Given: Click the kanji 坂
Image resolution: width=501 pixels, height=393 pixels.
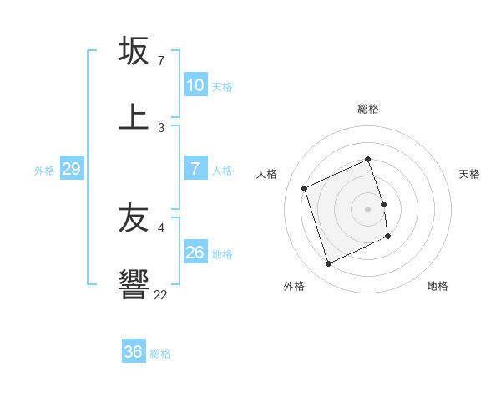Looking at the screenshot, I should coord(134,50).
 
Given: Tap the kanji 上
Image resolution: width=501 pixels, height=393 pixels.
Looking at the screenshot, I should coord(134,115).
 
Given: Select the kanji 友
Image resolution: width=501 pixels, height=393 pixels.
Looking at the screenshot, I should coord(134,219).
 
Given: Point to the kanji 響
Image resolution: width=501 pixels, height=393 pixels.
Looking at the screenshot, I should coord(134,284).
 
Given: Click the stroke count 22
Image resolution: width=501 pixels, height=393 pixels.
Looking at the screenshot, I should coord(160,294).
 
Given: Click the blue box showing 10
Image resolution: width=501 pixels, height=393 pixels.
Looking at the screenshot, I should coord(195,85).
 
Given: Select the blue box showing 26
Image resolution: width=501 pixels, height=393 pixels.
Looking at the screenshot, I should coord(195,253).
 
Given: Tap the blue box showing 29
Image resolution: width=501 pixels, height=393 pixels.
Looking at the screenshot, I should coord(71,169).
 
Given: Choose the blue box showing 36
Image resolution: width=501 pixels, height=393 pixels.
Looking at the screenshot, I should coord(134,352).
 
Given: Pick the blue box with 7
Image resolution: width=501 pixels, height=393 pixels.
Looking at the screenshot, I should coord(195,169).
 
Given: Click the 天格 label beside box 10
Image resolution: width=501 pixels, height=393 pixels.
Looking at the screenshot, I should coord(222,87).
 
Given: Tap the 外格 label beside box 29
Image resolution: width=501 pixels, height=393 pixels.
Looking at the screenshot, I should coord(44,171).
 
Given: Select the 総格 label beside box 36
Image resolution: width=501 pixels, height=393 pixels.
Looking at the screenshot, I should coord(160,354).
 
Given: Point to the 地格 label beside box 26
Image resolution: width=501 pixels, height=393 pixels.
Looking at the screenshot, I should coord(222,254).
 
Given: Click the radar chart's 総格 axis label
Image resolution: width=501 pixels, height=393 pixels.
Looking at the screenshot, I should coord(368,109).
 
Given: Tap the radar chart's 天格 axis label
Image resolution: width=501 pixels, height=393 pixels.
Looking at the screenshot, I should coord(470,174).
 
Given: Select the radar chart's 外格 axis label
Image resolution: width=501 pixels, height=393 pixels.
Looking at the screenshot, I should coord(294,286).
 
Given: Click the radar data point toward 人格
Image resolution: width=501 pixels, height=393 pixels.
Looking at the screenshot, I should coord(305,188).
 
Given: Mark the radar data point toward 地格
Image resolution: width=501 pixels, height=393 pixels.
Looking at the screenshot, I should coord(388,237).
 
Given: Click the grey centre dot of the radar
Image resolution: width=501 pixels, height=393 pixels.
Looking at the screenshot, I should coord(368,208).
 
